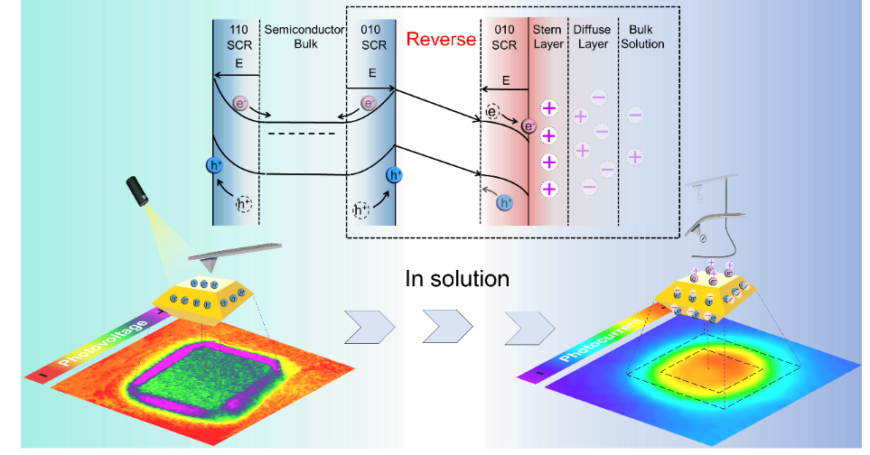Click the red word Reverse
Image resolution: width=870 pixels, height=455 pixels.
441,39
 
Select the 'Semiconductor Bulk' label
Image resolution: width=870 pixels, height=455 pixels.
305,36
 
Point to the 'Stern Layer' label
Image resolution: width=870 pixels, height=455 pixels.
547,36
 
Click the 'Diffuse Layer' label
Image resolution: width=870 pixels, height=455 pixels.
593,36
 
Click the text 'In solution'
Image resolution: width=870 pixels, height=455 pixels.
456,278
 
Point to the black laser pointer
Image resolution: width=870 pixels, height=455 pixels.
137,190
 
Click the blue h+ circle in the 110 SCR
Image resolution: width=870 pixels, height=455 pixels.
215,165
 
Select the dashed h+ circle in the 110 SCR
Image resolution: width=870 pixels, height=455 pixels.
244,204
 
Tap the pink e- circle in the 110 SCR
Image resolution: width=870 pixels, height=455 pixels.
240,104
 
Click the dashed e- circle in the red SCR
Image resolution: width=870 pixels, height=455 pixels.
492,112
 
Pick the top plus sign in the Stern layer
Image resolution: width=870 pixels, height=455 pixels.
548,109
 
